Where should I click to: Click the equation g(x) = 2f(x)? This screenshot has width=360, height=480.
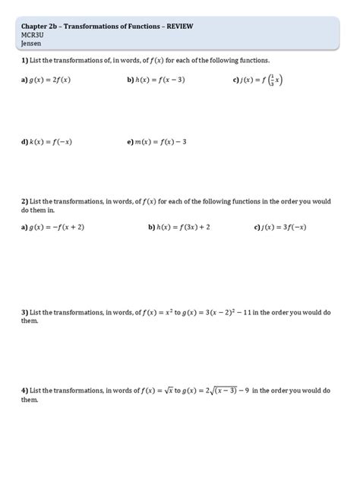[x=50, y=79]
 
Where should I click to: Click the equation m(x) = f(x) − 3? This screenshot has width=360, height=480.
[x=161, y=141]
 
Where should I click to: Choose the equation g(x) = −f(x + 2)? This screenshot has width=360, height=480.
[x=57, y=227]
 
